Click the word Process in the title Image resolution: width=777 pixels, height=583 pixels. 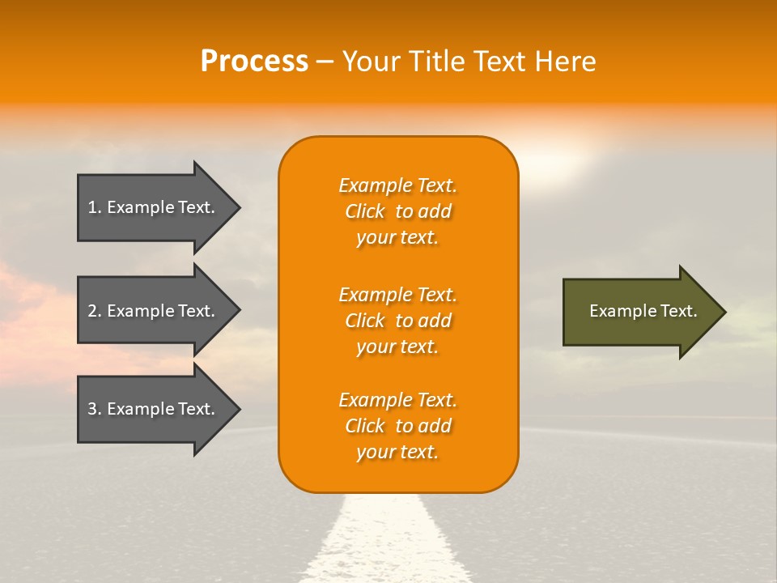click(254, 62)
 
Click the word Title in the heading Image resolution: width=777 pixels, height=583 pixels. click(435, 62)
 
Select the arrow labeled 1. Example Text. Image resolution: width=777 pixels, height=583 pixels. click(154, 207)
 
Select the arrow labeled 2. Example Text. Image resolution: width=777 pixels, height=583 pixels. click(154, 311)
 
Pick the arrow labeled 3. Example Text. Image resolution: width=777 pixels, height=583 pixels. click(154, 409)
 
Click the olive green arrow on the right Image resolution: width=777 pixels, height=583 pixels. click(639, 311)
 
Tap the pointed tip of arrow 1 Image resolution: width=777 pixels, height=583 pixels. click(238, 207)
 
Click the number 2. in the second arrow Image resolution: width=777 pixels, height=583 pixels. click(95, 311)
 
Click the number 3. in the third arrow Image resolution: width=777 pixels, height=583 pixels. click(95, 409)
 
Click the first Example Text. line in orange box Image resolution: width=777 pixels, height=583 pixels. click(397, 185)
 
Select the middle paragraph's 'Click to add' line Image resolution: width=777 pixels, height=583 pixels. click(397, 321)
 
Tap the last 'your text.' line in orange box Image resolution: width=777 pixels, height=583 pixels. click(397, 452)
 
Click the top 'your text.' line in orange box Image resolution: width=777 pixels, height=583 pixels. click(397, 237)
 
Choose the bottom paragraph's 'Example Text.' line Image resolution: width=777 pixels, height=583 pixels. click(397, 400)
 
